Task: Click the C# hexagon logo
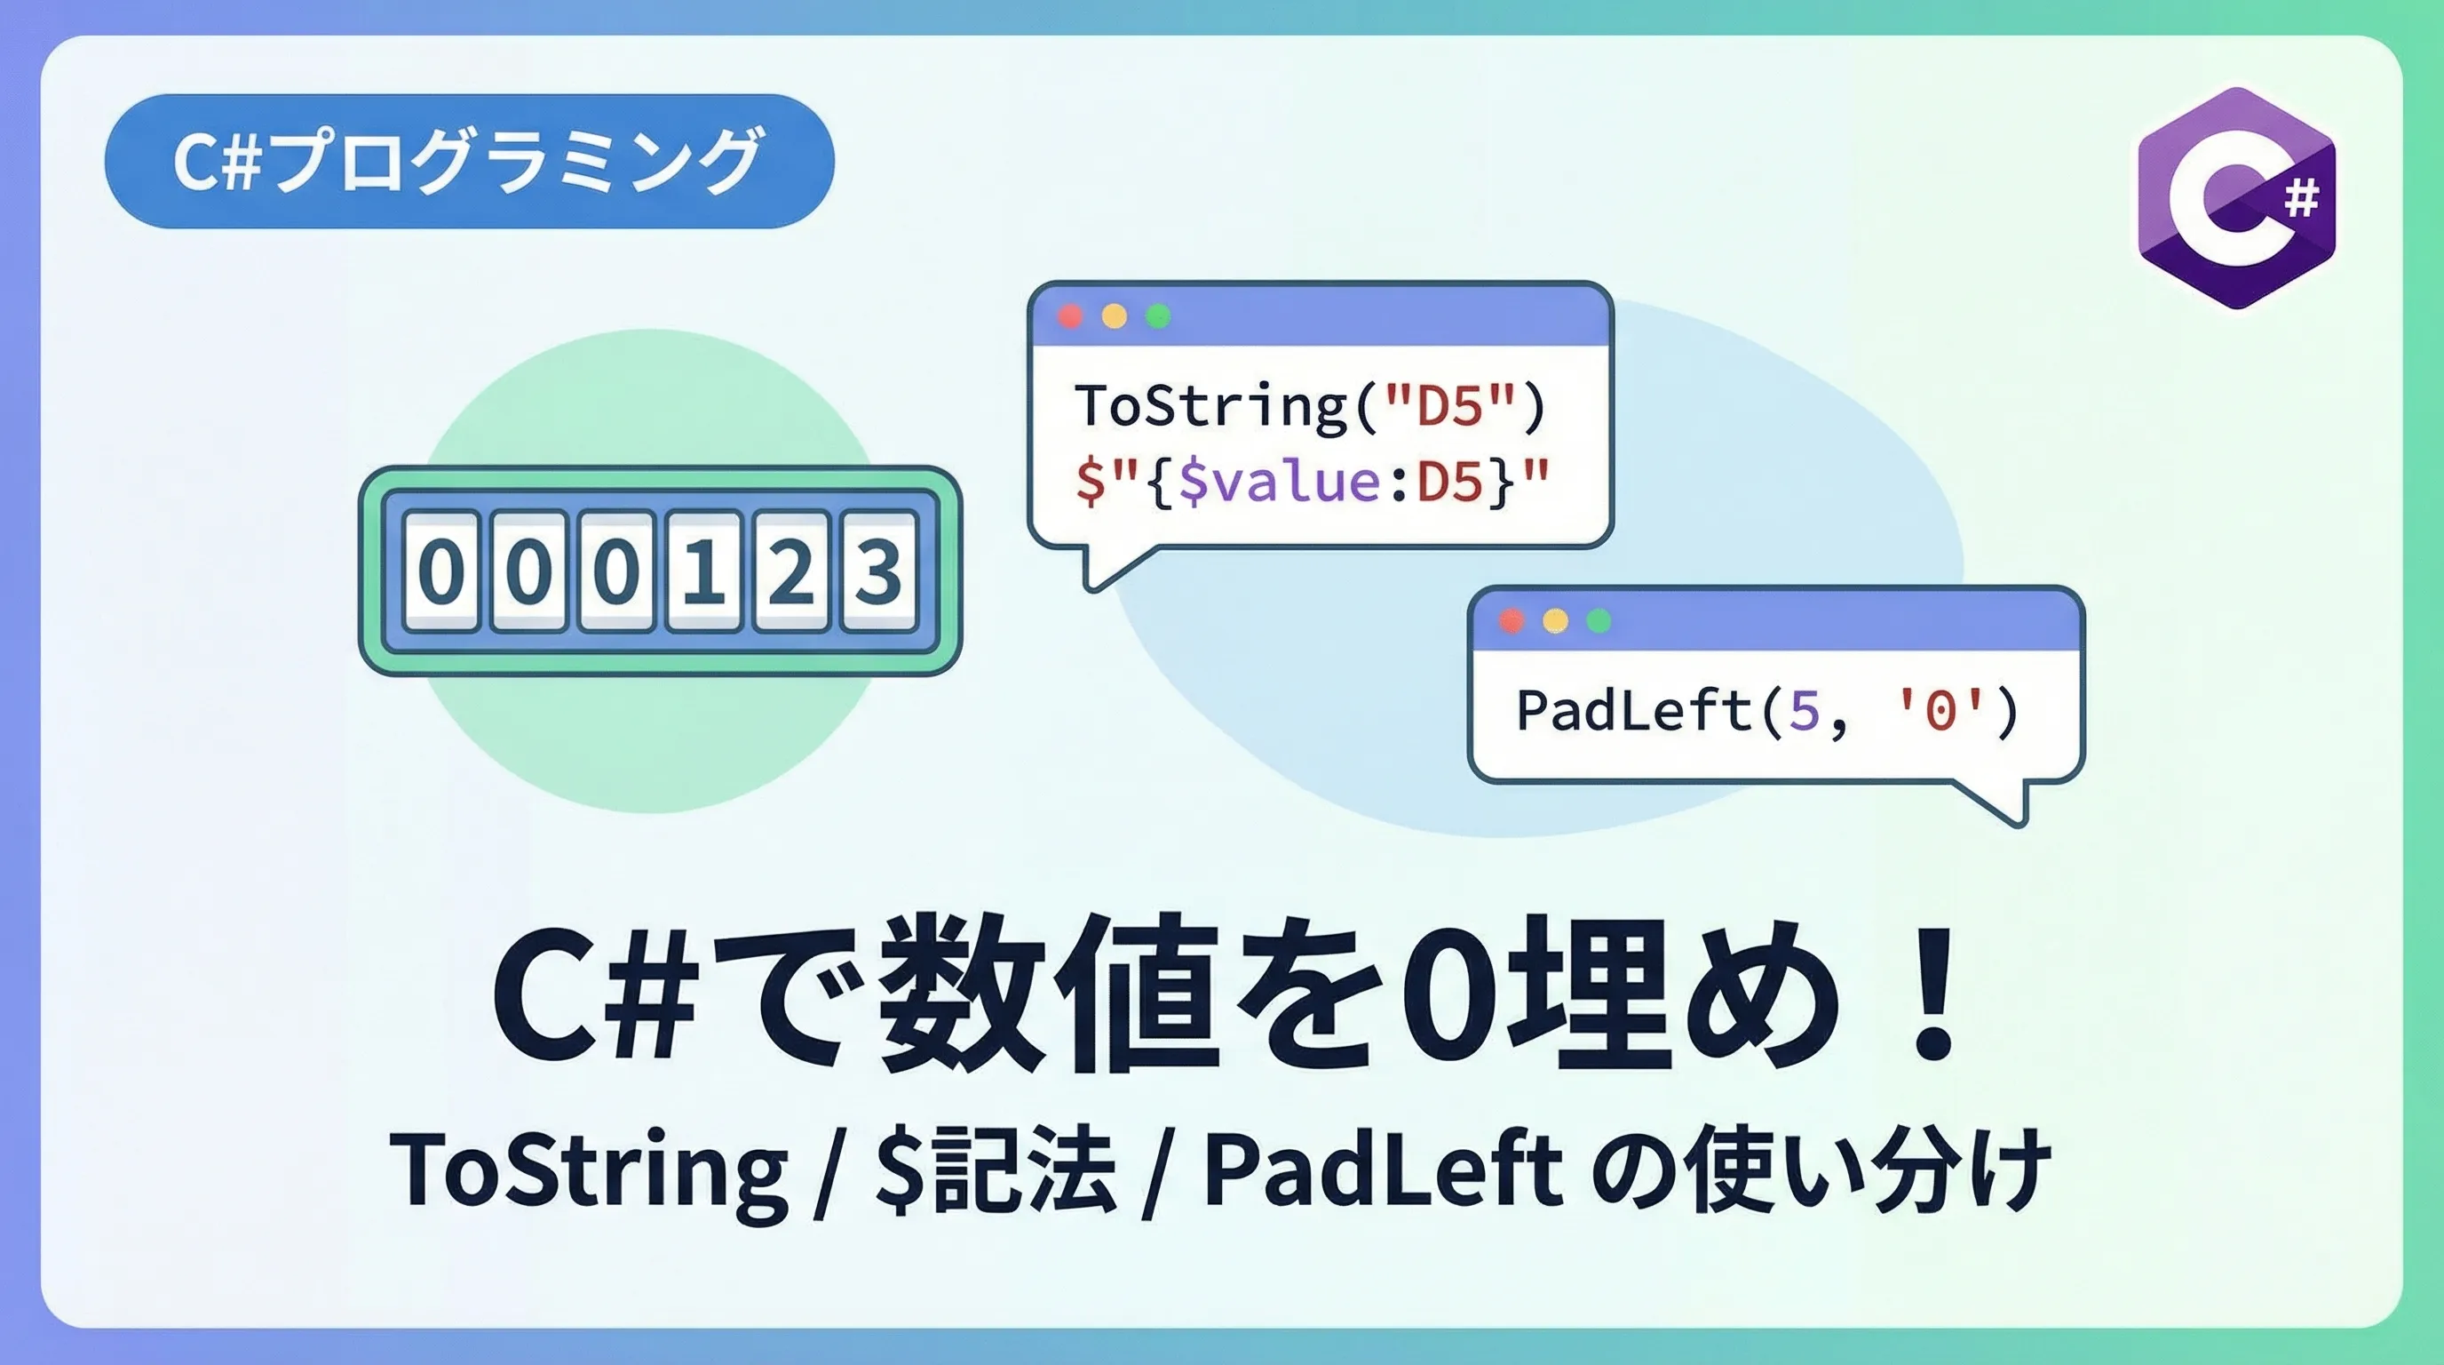(2236, 197)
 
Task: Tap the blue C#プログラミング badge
(469, 161)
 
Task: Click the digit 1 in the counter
(704, 571)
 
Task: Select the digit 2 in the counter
(790, 571)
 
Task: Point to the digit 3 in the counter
(878, 571)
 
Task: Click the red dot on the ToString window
(1070, 316)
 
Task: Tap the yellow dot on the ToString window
(1114, 316)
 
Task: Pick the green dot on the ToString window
(1157, 316)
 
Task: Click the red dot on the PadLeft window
(1512, 621)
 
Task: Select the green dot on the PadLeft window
(1599, 621)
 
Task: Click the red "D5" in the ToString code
(1448, 406)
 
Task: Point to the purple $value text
(1279, 483)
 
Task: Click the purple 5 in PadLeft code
(1804, 711)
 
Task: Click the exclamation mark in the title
(1932, 992)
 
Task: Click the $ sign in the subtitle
(899, 1169)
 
